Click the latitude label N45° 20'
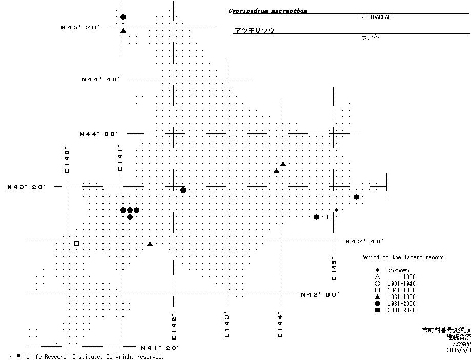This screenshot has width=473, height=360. click(x=80, y=27)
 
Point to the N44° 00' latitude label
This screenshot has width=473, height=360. click(x=98, y=134)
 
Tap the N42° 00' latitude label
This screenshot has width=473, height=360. click(x=320, y=294)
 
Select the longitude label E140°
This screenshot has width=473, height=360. click(x=67, y=160)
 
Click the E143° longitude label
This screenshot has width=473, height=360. click(x=227, y=325)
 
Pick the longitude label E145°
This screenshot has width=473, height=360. click(x=334, y=268)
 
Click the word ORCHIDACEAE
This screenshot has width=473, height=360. click(x=374, y=17)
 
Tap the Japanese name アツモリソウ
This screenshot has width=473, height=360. click(x=254, y=31)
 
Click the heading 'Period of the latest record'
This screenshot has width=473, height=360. click(x=402, y=257)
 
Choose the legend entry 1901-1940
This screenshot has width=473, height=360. click(x=401, y=284)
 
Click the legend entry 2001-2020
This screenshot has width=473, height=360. click(x=401, y=310)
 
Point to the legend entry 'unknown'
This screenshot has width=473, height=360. click(x=398, y=270)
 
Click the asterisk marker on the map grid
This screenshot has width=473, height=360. click(x=336, y=210)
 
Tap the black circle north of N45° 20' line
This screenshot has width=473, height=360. click(x=123, y=17)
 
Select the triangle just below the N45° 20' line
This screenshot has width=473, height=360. click(x=123, y=31)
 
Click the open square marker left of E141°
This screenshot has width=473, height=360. click(x=76, y=243)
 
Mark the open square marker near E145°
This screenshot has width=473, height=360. click(x=330, y=217)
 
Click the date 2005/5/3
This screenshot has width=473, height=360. click(x=459, y=350)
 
